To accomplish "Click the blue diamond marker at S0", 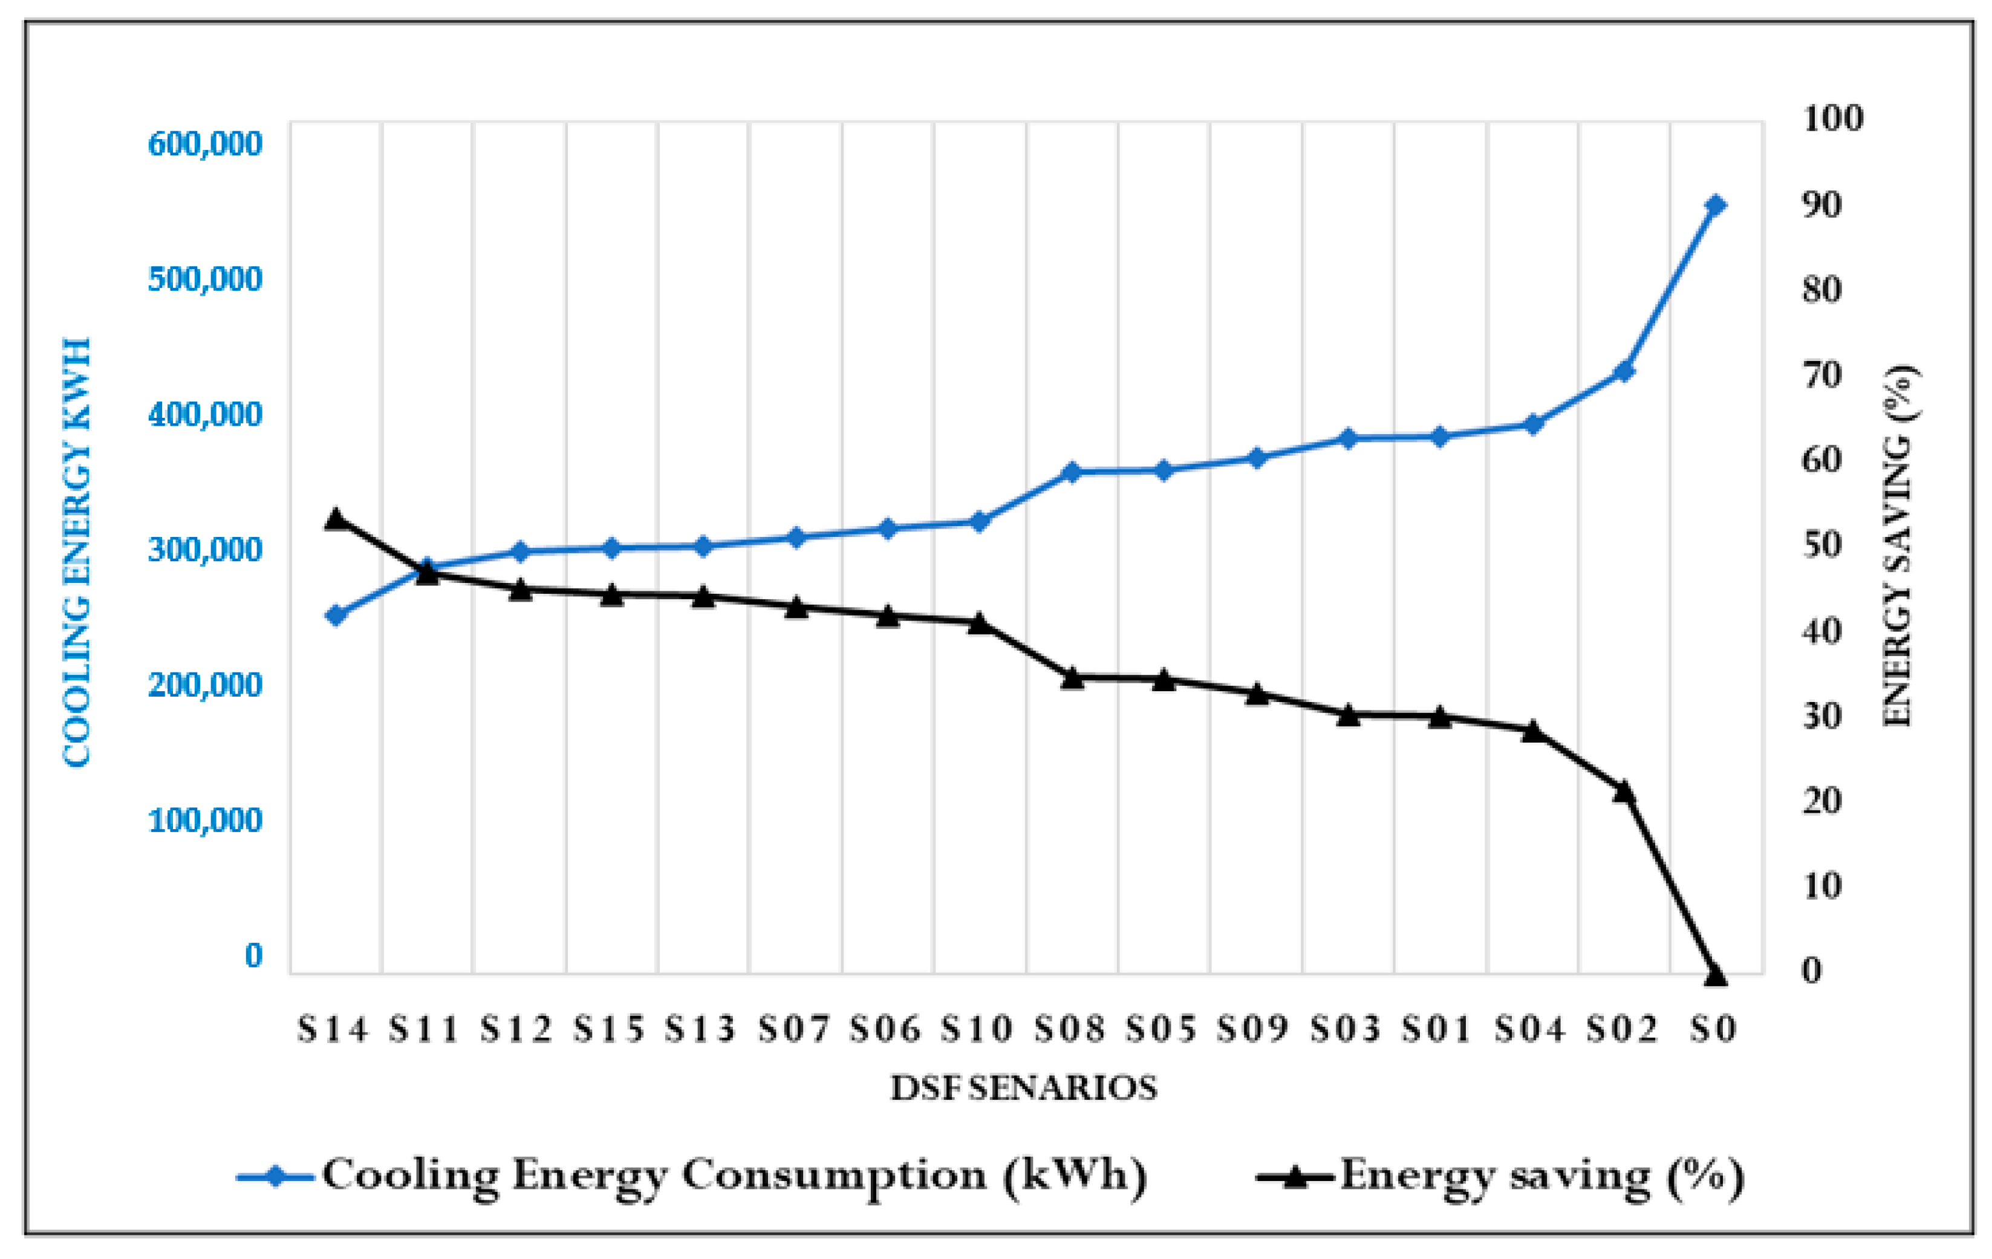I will point(1715,205).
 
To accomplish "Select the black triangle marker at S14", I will point(335,519).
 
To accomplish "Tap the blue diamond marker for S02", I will point(1624,371).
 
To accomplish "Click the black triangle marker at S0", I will point(1715,976).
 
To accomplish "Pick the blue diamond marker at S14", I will point(335,616).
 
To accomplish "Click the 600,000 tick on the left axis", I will point(204,144).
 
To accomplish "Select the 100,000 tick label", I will point(204,821).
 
